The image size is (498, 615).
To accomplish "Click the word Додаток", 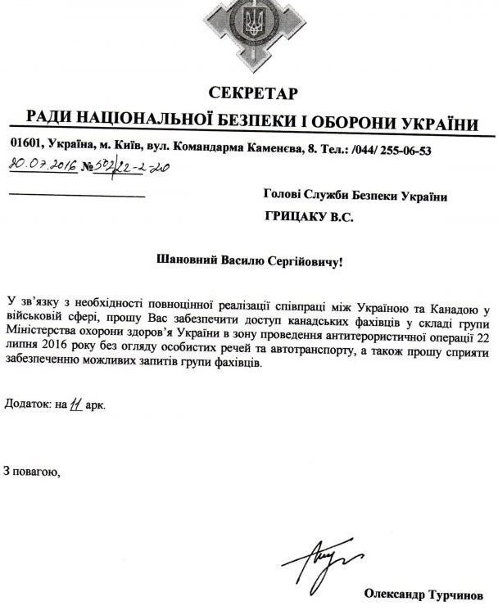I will point(24,404).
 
